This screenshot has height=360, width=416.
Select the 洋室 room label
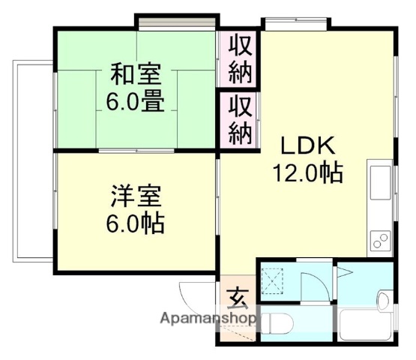pos(137,199)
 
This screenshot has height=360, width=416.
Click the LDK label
pos(305,145)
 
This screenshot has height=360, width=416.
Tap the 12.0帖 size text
pos(307,172)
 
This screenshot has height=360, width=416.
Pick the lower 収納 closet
pos(240,120)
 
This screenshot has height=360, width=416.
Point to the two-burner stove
pos(380,240)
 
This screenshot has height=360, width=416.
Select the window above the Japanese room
pos(176,19)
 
